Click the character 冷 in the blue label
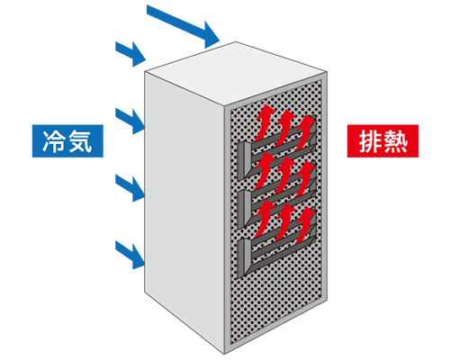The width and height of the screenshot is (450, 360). coord(55,141)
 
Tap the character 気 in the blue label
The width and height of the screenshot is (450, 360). coord(79,141)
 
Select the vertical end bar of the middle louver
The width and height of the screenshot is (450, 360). coord(246,207)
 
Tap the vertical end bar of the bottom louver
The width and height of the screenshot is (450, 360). coord(246,256)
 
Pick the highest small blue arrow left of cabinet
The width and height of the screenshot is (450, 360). coord(131,50)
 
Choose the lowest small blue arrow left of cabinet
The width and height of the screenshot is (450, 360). coord(131,251)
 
